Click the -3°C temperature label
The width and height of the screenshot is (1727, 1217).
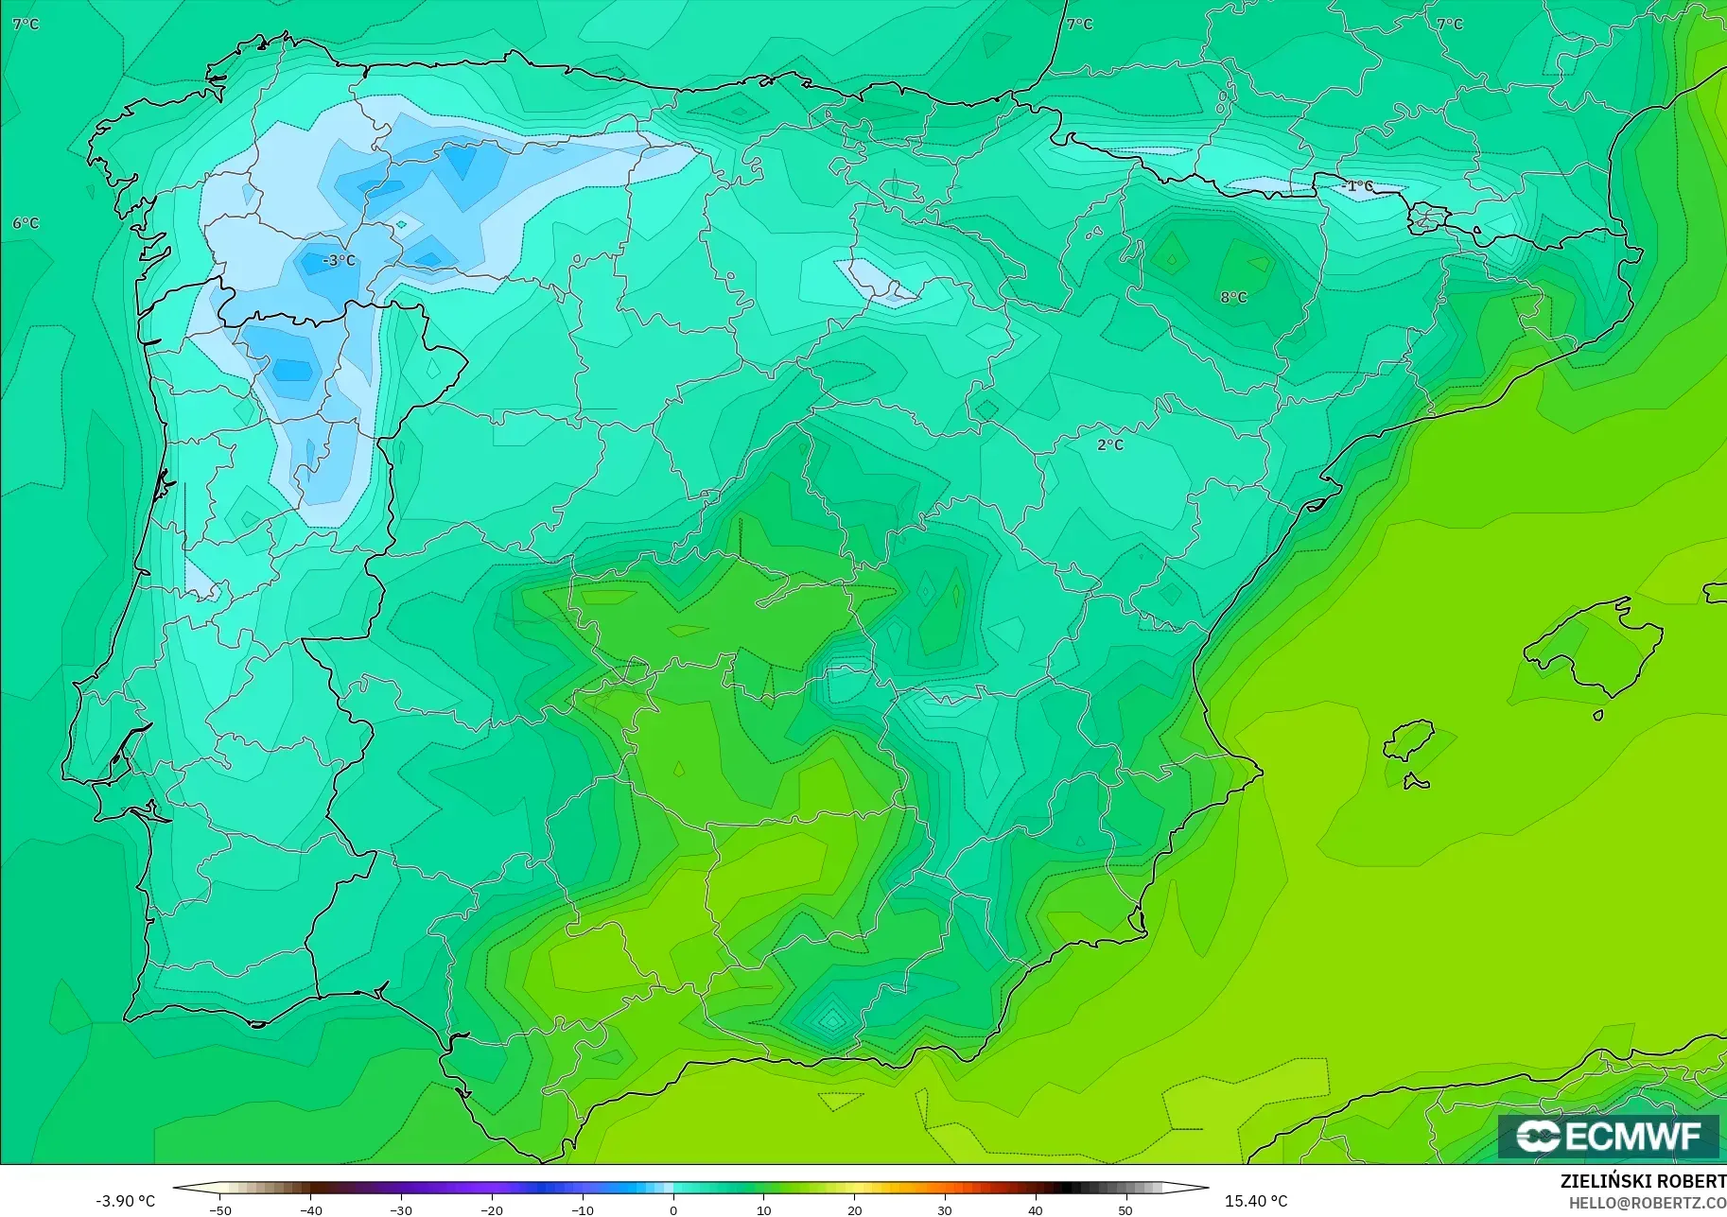coord(339,260)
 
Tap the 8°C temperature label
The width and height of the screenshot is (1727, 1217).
coord(1233,297)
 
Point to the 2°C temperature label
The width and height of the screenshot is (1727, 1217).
coord(1110,444)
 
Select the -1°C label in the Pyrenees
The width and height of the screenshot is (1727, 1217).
coord(1357,186)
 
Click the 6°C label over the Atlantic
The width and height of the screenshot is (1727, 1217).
coord(26,223)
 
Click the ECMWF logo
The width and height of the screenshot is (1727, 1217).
coord(1608,1136)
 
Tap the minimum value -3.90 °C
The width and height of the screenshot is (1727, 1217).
coord(125,1201)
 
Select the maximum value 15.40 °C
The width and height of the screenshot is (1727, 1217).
coord(1256,1201)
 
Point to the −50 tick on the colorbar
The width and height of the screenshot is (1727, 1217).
coord(219,1209)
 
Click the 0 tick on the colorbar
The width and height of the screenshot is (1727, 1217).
coord(672,1209)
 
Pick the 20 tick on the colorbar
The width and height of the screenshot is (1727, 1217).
coord(854,1209)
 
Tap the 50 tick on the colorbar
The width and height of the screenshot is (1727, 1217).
coord(1125,1209)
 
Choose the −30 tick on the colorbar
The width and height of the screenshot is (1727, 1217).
coord(401,1209)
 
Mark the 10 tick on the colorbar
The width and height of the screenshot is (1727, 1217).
coord(763,1209)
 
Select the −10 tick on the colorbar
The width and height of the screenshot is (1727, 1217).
coord(582,1209)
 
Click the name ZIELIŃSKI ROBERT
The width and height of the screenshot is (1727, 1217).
coord(1643,1182)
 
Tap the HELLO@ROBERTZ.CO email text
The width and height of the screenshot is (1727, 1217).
coord(1648,1204)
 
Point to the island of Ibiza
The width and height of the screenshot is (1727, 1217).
coord(1409,742)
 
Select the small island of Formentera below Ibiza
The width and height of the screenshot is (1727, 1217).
coord(1416,782)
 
